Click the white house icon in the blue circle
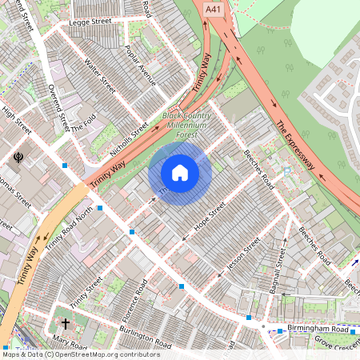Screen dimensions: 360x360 coord(180,173)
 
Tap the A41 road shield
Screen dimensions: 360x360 coord(212,9)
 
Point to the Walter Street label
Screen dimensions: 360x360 coord(101,74)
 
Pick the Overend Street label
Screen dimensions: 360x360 coord(58,107)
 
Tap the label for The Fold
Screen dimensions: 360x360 coord(82,126)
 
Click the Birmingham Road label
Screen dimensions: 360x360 coord(318,329)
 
